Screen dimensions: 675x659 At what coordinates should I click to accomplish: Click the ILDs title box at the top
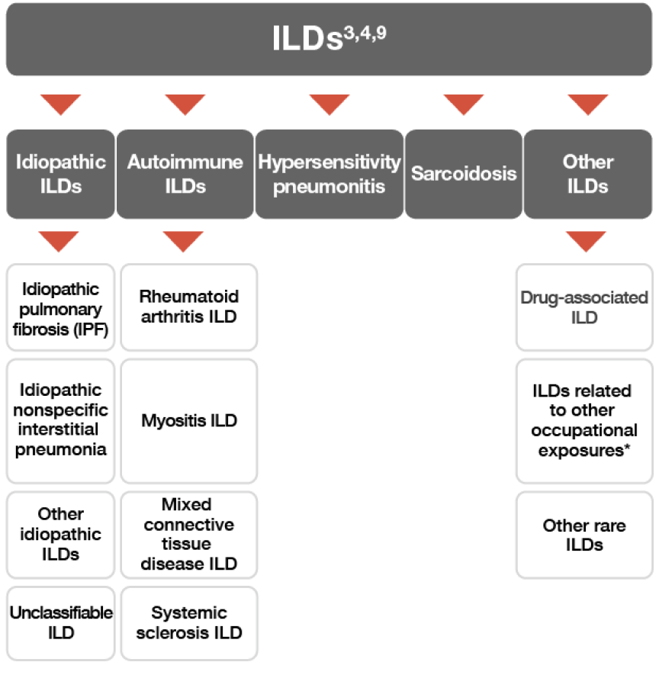[x=329, y=39]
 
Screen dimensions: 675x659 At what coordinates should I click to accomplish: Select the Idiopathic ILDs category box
[x=60, y=174]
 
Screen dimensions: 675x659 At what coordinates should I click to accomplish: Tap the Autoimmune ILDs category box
[x=185, y=174]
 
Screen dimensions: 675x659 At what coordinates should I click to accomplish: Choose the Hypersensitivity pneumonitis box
[x=329, y=174]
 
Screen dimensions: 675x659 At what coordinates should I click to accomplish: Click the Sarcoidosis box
[x=464, y=174]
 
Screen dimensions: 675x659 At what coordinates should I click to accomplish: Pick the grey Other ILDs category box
[x=587, y=174]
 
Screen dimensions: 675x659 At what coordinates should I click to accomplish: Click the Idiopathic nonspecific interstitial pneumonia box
[x=60, y=420]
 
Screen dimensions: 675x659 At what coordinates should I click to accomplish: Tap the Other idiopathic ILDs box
[x=60, y=534]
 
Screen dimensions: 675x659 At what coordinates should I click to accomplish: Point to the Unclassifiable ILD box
[x=60, y=622]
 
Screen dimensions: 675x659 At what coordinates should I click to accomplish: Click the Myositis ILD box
[x=189, y=420]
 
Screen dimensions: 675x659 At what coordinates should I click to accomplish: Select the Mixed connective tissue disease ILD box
[x=189, y=534]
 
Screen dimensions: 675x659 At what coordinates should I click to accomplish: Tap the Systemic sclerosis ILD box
[x=189, y=622]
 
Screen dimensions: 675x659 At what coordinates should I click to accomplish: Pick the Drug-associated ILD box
[x=584, y=307]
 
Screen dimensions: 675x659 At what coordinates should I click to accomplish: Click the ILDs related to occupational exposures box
[x=584, y=420]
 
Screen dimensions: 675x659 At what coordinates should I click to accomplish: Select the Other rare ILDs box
[x=584, y=534]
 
